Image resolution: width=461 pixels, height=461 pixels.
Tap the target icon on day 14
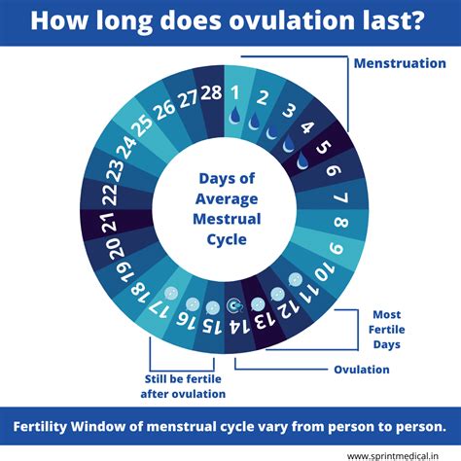(x=233, y=305)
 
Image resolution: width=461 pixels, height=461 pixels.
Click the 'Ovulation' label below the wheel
(x=361, y=370)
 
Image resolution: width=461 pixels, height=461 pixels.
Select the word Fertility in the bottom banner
(x=49, y=426)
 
